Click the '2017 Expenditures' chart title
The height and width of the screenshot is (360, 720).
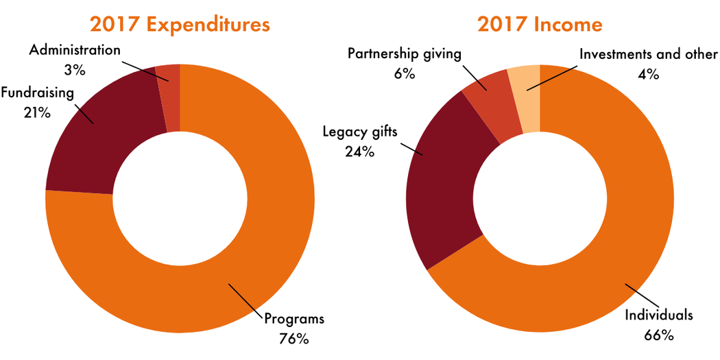pyautogui.click(x=180, y=25)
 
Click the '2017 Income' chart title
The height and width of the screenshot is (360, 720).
pyautogui.click(x=540, y=25)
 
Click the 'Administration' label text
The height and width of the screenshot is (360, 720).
pyautogui.click(x=75, y=50)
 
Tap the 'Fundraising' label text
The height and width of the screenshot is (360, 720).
pyautogui.click(x=37, y=93)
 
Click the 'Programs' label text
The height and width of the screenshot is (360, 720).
pyautogui.click(x=294, y=319)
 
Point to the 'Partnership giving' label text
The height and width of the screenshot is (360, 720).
pyautogui.click(x=404, y=54)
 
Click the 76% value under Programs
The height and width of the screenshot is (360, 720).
pyautogui.click(x=294, y=338)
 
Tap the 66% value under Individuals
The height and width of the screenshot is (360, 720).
pyautogui.click(x=659, y=335)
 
